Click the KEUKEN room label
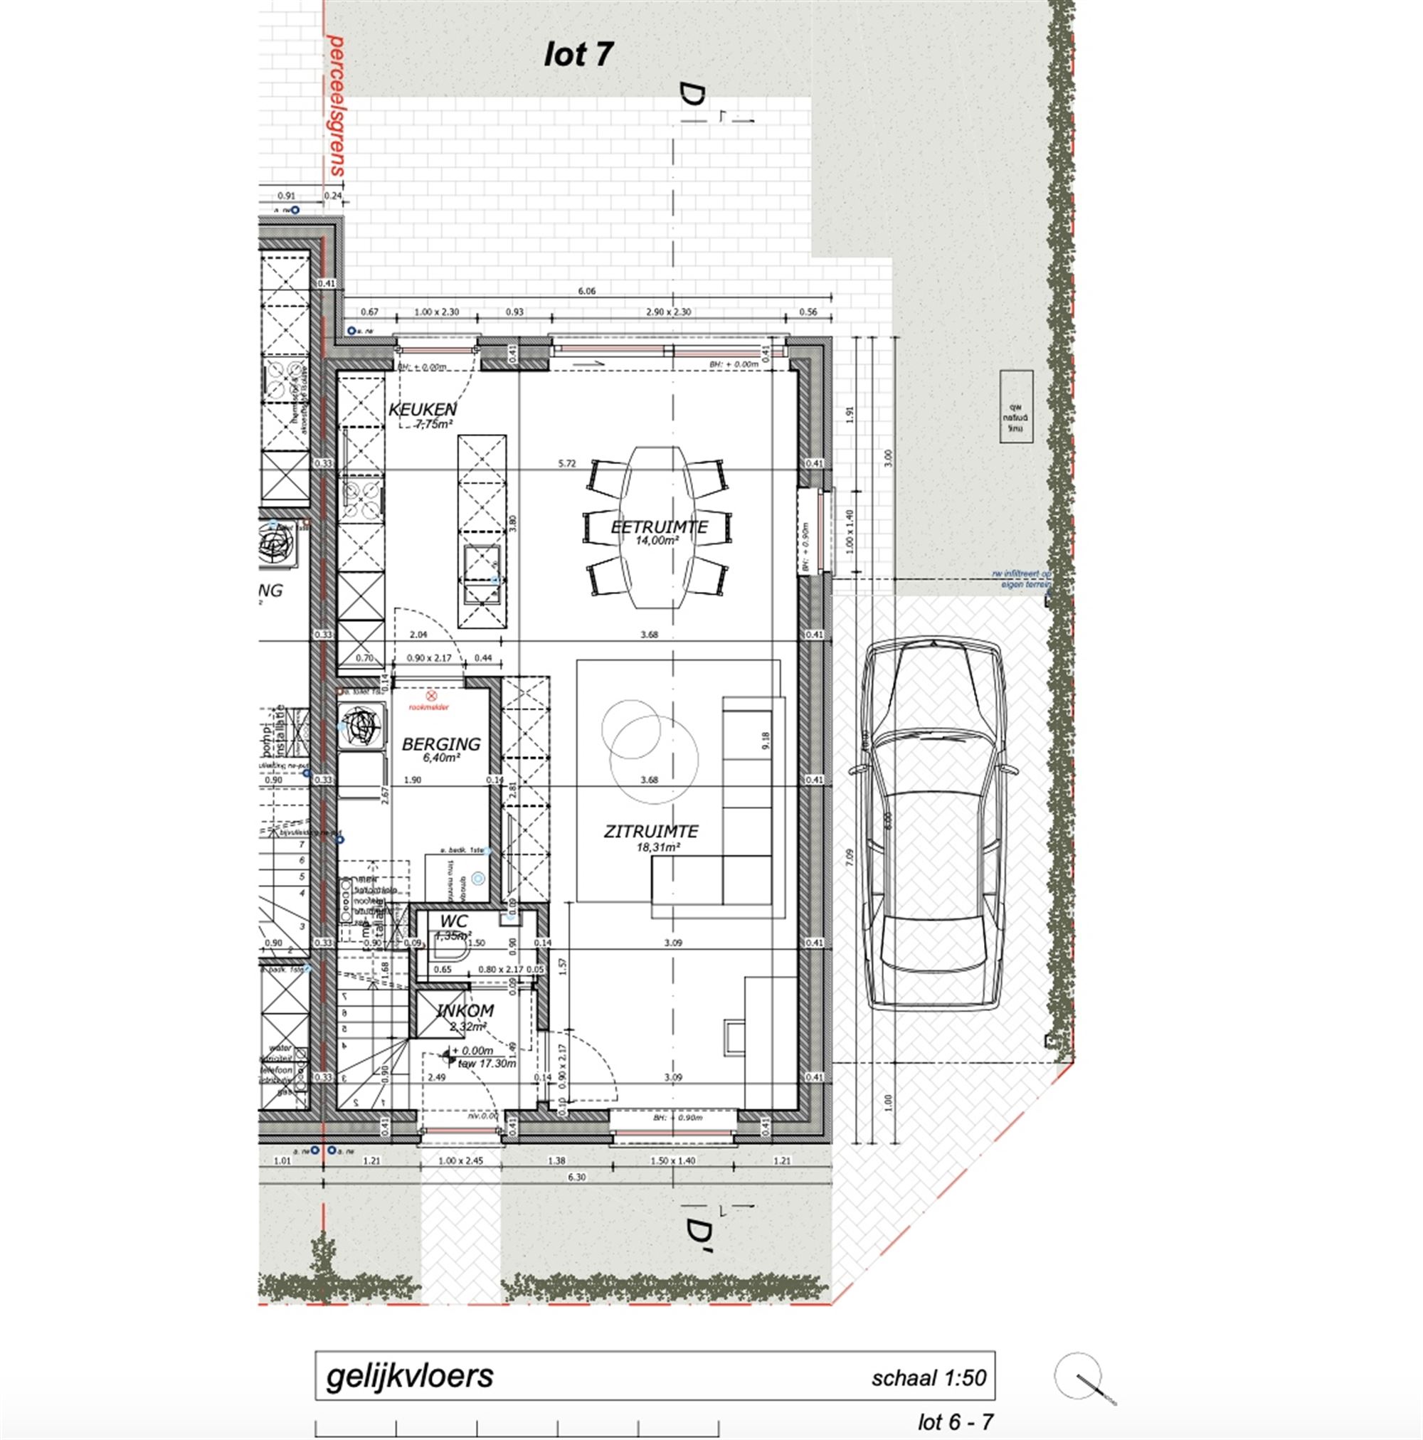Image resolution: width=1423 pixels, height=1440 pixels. (422, 409)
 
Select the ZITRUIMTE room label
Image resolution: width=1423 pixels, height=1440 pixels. (651, 831)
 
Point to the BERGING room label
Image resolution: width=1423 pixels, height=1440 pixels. (440, 744)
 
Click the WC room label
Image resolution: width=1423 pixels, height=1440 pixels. (453, 922)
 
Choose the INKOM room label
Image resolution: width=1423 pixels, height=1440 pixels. (465, 1012)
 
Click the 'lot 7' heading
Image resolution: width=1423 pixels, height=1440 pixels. (578, 54)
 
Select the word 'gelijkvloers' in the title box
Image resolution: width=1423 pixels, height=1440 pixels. (409, 1376)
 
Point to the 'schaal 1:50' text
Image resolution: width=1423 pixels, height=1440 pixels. (929, 1378)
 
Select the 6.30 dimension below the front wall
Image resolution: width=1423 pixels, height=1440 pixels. (576, 1177)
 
